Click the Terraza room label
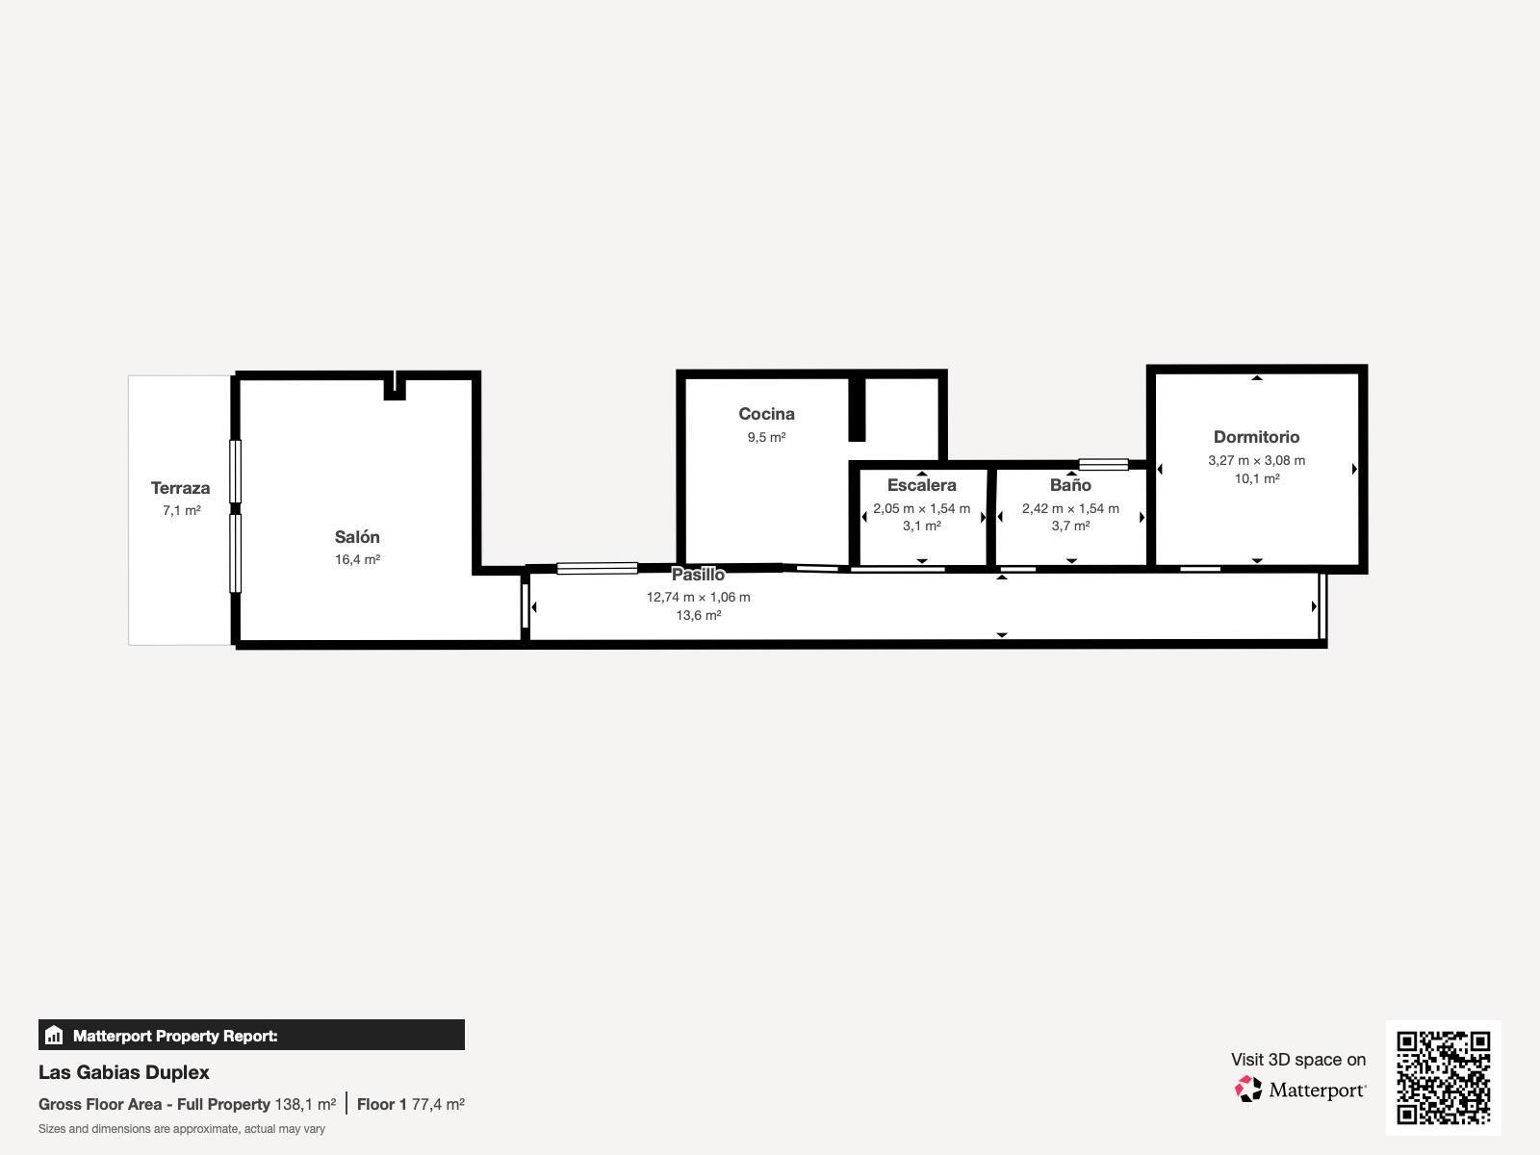pyautogui.click(x=180, y=488)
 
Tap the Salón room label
pyautogui.click(x=357, y=537)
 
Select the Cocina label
pyautogui.click(x=766, y=414)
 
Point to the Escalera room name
pyautogui.click(x=921, y=485)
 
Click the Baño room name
pyautogui.click(x=1070, y=485)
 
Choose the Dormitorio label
pyautogui.click(x=1256, y=437)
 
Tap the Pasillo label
pyautogui.click(x=698, y=575)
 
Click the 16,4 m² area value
pyautogui.click(x=357, y=560)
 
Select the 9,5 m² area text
pyautogui.click(x=766, y=437)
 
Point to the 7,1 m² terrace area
pyautogui.click(x=181, y=511)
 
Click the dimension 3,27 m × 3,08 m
pyautogui.click(x=1256, y=461)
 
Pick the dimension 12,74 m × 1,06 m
pyautogui.click(x=698, y=597)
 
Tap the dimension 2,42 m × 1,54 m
pyautogui.click(x=1070, y=508)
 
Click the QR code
pyautogui.click(x=1443, y=1077)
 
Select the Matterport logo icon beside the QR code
pyautogui.click(x=1248, y=1090)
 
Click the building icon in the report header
pyautogui.click(x=54, y=1036)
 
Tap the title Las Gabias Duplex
pyautogui.click(x=124, y=1072)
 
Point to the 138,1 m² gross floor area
pyautogui.click(x=305, y=1104)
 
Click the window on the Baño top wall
pyautogui.click(x=1103, y=464)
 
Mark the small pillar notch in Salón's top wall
pyautogui.click(x=395, y=388)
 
